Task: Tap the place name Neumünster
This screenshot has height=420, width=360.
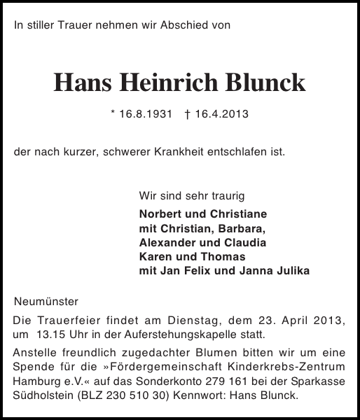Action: coord(47,302)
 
